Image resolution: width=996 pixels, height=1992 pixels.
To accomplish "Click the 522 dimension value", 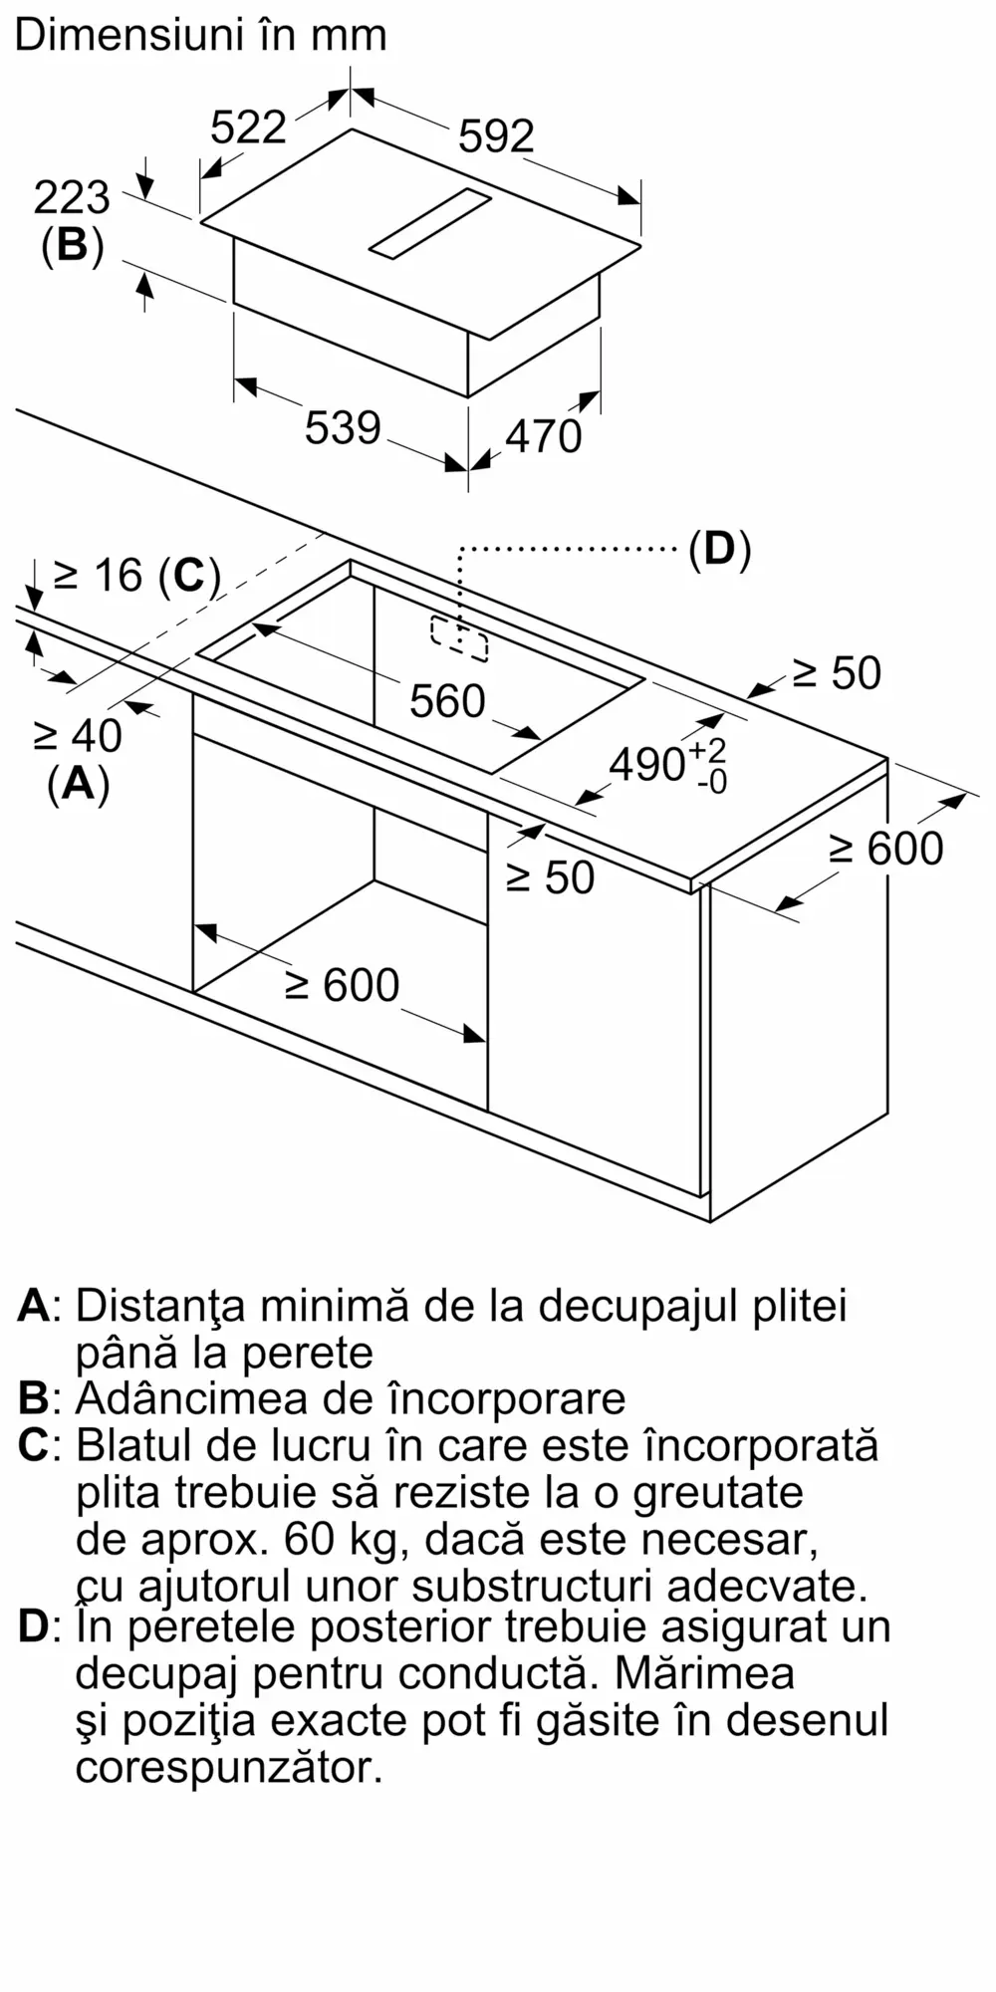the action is (x=248, y=127).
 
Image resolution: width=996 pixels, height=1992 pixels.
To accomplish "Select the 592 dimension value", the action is (x=496, y=135).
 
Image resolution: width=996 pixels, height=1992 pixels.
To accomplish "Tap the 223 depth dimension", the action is (x=72, y=197).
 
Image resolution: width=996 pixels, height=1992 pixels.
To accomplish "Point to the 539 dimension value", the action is (x=343, y=427).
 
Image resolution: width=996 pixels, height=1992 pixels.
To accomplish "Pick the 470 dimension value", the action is (x=543, y=436).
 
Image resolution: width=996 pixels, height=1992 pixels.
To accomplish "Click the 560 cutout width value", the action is (x=447, y=701).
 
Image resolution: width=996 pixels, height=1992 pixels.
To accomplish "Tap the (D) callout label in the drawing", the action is (x=719, y=549).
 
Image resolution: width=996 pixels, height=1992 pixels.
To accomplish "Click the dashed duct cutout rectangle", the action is (x=459, y=638).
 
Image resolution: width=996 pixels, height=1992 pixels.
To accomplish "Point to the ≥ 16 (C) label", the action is (x=136, y=575).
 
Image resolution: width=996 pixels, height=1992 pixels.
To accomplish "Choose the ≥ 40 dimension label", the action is (x=78, y=736).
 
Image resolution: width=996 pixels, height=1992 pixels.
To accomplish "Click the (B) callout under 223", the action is (x=72, y=245).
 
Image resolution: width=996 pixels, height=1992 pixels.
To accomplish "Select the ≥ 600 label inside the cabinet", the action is (x=342, y=985).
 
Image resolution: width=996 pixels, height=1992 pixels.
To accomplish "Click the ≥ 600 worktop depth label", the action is (x=885, y=849).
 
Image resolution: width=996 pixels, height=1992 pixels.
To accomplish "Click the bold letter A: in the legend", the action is (x=41, y=1305).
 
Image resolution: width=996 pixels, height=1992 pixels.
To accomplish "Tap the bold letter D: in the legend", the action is (x=41, y=1626).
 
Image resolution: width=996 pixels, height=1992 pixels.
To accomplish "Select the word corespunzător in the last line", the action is (x=229, y=1768).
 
